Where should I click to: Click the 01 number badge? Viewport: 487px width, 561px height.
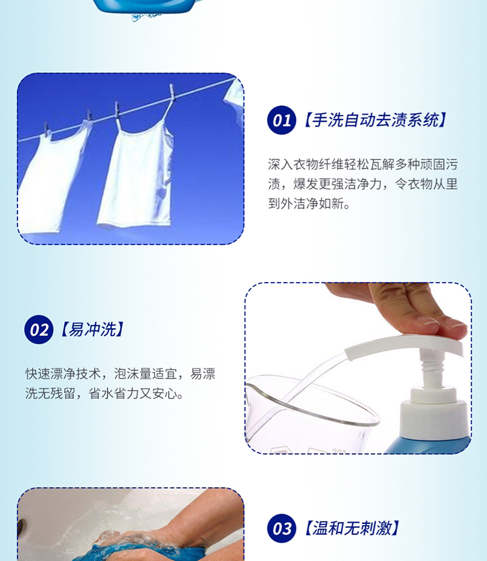pos(282,120)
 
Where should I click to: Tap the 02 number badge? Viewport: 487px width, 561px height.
pos(38,330)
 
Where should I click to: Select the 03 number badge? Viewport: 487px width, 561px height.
pos(282,528)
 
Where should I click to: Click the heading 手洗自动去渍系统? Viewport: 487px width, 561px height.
pos(375,120)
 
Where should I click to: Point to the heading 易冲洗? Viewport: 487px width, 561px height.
pos(92,329)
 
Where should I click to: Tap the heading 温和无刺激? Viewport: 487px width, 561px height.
pos(351,528)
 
